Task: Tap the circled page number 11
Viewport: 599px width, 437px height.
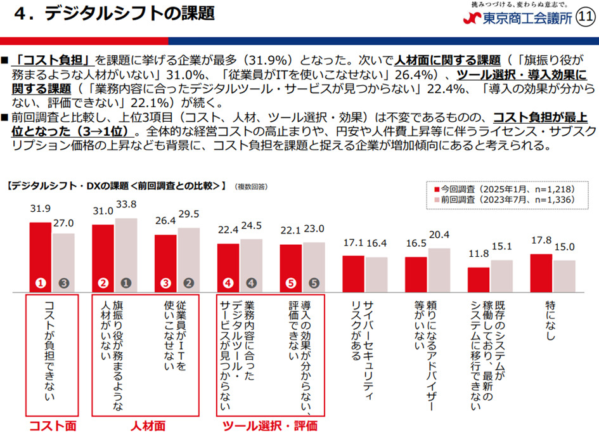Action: tap(586, 18)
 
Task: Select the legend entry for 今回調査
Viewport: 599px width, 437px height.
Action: tap(495, 189)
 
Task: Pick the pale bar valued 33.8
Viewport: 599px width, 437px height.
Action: tap(125, 254)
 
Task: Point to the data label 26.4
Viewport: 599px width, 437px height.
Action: tap(165, 221)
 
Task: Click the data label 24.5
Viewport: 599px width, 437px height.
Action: tap(251, 225)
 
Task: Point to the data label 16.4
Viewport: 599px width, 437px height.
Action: tap(377, 242)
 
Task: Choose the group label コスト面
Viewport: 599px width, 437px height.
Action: tap(52, 425)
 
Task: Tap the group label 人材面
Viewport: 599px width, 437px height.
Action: tap(145, 425)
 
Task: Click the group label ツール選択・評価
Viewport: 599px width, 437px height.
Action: tap(270, 425)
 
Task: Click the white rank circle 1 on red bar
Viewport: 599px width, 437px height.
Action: tap(41, 284)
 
